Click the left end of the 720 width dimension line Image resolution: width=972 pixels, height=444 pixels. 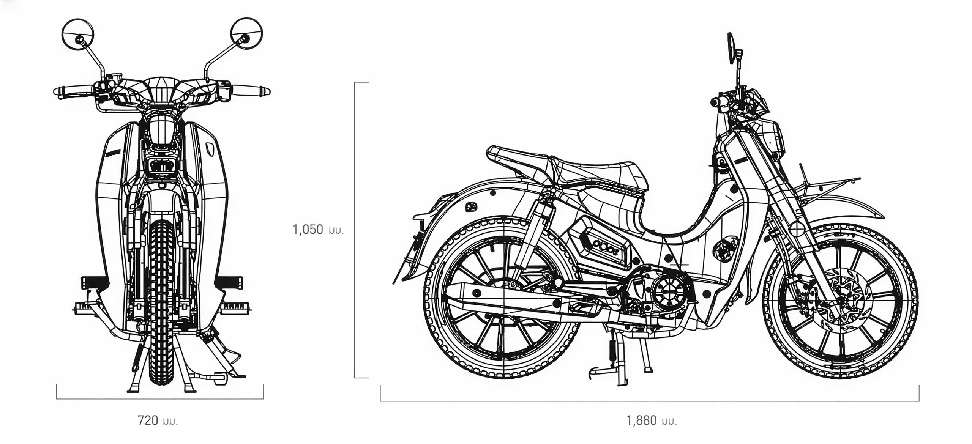(57, 399)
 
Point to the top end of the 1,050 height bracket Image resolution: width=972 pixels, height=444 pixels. (355, 82)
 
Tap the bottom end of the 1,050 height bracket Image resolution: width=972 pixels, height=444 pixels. (355, 378)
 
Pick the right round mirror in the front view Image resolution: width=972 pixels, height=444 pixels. (246, 34)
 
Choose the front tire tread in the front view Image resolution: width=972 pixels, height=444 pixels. (161, 302)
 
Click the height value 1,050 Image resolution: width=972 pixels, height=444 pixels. (308, 230)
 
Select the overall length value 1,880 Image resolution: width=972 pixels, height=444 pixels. (641, 420)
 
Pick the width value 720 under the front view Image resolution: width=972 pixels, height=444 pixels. (148, 420)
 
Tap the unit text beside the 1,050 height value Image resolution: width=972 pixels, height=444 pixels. (336, 231)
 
